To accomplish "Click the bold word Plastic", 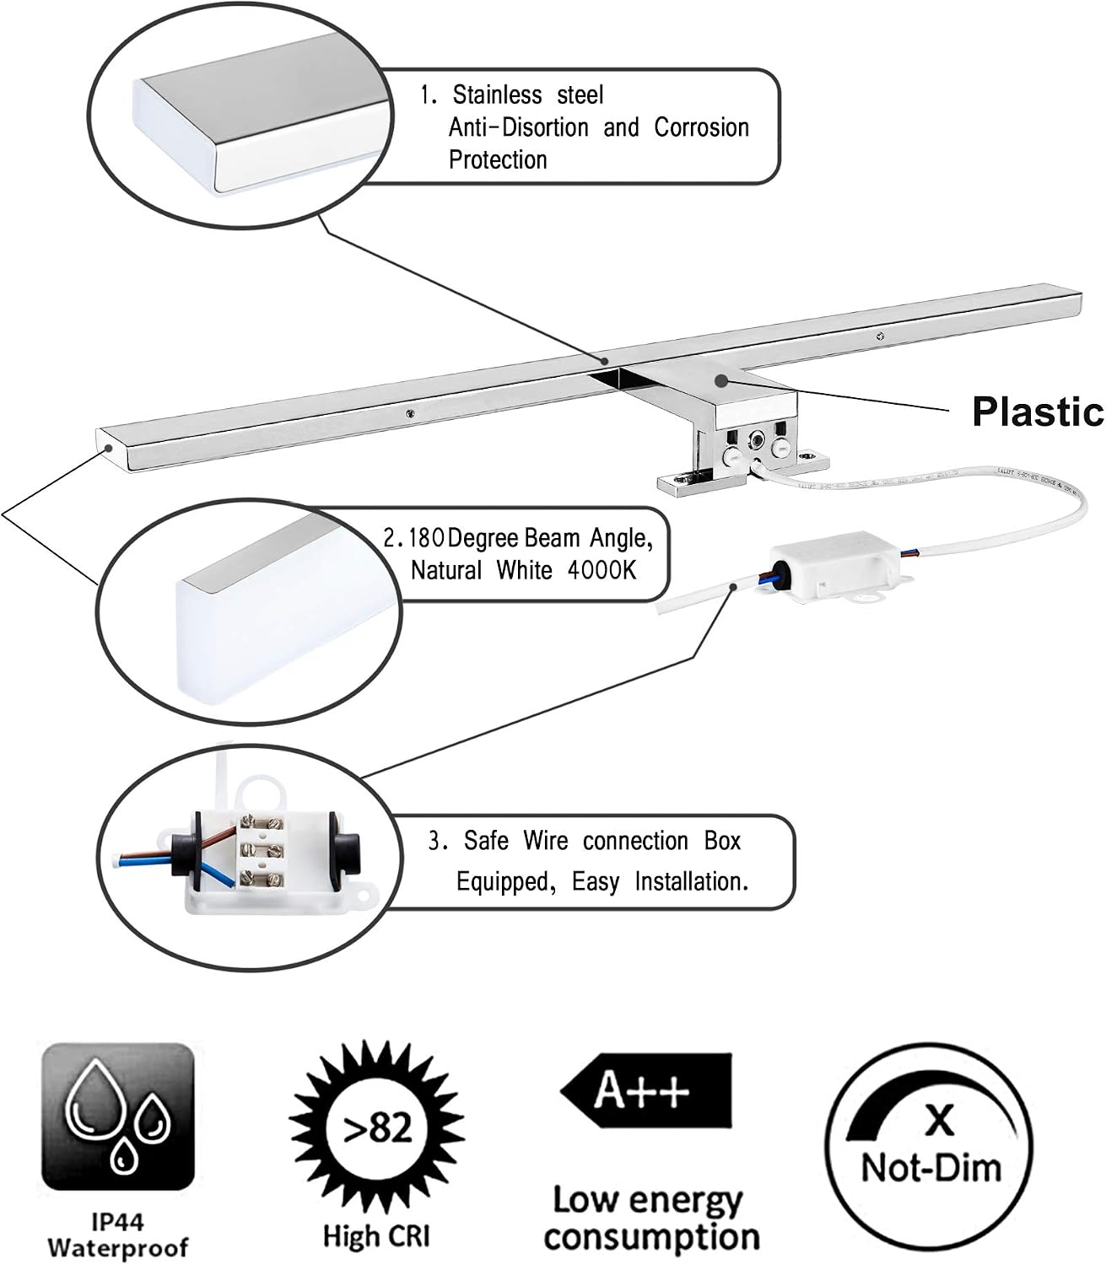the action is [x=1038, y=412].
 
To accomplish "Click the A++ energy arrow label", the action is [x=645, y=1091].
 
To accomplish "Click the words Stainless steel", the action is [x=527, y=95].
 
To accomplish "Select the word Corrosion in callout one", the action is [x=701, y=127].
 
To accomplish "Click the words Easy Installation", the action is [x=660, y=880].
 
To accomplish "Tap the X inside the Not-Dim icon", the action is [x=939, y=1119].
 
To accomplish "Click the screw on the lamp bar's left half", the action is [x=408, y=413].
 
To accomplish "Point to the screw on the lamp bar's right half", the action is [x=880, y=336].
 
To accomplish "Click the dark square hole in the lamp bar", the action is [x=605, y=379].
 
